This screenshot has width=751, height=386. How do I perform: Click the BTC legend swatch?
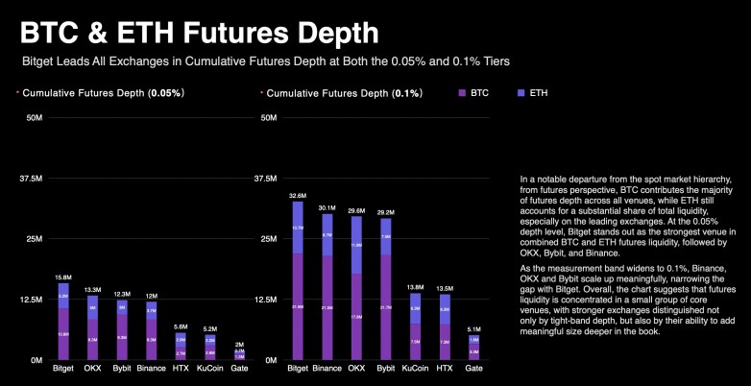coord(462,94)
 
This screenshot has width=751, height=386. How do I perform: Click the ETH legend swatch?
coord(520,94)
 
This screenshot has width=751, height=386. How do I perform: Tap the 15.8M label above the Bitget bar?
coord(63,277)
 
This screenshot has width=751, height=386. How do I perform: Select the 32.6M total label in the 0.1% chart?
coord(298,195)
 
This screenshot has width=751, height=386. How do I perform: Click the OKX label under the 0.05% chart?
coord(93,367)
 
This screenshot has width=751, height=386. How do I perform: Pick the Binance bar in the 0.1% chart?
coord(327,288)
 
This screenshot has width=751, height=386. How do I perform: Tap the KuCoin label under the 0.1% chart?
coord(415,367)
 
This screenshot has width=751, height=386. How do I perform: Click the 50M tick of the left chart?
coord(35,118)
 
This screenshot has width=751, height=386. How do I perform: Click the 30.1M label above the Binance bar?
coord(327,207)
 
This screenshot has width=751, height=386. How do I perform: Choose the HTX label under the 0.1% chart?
coord(445,367)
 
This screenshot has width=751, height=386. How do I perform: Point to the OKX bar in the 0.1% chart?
coord(356,288)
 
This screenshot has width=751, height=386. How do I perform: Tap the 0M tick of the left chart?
coord(37,359)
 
